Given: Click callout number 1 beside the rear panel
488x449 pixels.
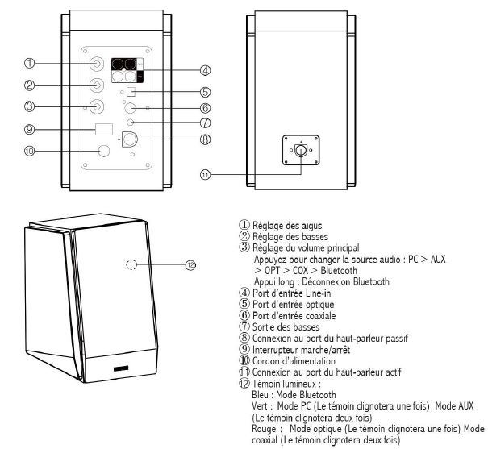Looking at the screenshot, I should click(x=28, y=62).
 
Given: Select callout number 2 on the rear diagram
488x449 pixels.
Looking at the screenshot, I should click(x=28, y=85).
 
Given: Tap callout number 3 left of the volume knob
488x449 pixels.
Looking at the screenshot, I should click(x=28, y=106).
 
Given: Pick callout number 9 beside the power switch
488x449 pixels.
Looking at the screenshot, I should click(x=28, y=129).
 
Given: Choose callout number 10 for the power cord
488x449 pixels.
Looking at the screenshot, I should click(x=28, y=151).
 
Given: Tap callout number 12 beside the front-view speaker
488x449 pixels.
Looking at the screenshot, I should click(x=190, y=264).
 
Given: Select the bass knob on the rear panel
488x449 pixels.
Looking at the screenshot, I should click(x=96, y=83).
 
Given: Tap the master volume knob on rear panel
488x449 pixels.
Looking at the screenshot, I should click(x=96, y=105).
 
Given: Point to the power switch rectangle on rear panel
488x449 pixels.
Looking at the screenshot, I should click(x=103, y=129).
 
